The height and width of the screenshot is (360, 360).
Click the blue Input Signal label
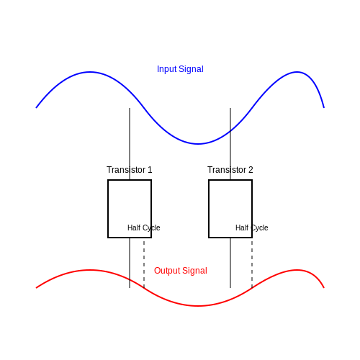[180, 69]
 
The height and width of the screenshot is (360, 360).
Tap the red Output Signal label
[181, 271]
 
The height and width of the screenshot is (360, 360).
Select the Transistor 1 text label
[130, 170]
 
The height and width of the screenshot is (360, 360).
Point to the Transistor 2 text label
[230, 170]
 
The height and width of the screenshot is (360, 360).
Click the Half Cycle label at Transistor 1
[144, 228]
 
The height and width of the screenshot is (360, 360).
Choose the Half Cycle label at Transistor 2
[252, 228]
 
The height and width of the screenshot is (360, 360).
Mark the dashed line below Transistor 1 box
[144, 264]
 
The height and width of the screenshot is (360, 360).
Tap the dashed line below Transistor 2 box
[252, 264]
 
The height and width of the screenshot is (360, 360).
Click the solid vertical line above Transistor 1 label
[130, 137]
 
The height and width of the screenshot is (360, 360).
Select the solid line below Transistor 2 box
[230, 263]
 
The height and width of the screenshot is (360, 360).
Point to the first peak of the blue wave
[90, 72]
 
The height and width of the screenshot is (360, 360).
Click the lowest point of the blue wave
[197, 144]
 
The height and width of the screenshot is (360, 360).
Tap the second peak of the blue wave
[297, 72]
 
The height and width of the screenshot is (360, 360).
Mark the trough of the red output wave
[197, 306]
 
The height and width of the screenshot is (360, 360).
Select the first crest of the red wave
[90, 270]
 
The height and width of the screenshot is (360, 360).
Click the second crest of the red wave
[297, 270]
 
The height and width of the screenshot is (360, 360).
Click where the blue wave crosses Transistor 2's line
[230, 131]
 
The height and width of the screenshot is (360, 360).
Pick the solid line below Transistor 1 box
[130, 263]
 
